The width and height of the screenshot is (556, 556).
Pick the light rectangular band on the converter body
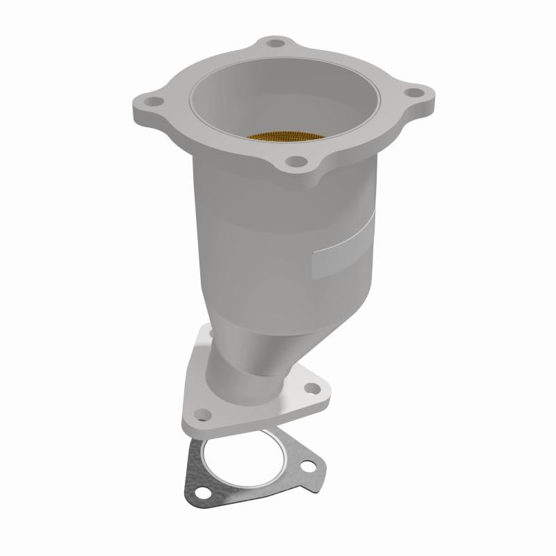(345, 244)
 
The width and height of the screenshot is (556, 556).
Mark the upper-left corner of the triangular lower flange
(202, 332)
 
